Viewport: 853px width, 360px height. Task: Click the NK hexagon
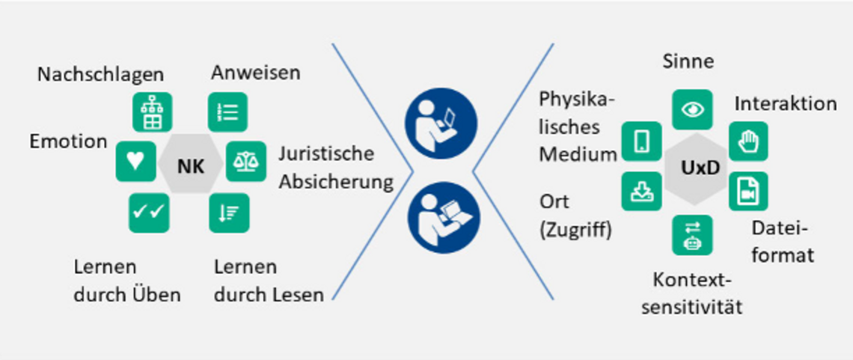190,167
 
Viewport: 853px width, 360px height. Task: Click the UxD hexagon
700,168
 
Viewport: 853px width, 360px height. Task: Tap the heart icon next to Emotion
135,161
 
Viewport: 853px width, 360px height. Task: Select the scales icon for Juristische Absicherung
246,162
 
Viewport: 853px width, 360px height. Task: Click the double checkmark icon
149,213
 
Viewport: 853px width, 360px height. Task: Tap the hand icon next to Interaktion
748,141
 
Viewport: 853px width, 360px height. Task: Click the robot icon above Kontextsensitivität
692,235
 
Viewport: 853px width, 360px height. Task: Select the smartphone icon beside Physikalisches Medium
642,141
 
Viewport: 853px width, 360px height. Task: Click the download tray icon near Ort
642,192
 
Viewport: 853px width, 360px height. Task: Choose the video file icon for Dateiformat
748,191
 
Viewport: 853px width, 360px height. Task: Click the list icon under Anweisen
227,112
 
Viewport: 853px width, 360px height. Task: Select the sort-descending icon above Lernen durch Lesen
228,213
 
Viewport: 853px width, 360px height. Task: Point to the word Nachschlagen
100,75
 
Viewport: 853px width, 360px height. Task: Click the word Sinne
688,62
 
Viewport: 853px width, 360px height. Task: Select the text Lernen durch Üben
127,281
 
